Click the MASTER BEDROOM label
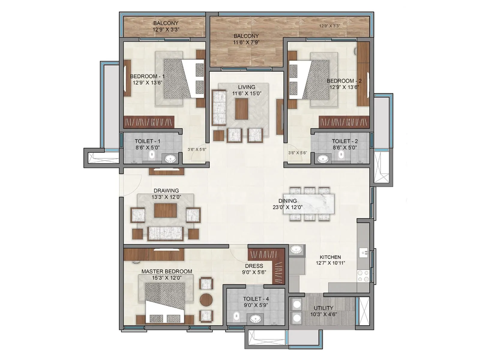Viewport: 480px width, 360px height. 167,271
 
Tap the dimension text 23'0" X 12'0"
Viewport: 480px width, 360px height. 290,207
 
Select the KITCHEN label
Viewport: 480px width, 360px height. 330,257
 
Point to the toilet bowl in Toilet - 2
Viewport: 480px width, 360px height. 341,155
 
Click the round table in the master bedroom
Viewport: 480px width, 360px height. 206,299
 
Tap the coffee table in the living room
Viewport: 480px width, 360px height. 241,109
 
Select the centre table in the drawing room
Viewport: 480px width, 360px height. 165,210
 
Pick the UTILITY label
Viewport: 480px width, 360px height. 323,308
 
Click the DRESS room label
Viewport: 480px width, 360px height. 254,266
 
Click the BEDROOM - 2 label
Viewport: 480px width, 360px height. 344,81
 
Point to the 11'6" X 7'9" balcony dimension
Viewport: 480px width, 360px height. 246,43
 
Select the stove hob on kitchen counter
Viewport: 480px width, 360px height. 363,276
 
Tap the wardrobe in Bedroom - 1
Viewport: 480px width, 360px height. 149,122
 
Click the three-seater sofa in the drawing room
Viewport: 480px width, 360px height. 165,233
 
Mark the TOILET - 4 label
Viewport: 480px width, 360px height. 256,299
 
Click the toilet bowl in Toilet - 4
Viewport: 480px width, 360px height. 237,316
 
